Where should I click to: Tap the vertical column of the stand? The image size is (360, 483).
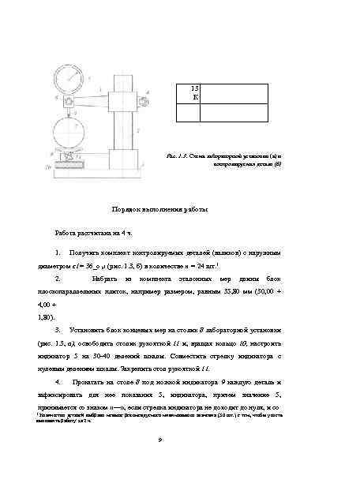(124, 118)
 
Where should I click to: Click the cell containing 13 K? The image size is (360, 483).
(195, 91)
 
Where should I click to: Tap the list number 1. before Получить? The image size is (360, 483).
(58, 253)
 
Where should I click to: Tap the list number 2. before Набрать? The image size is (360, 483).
(58, 279)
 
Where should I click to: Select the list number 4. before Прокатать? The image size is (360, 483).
(58, 381)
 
